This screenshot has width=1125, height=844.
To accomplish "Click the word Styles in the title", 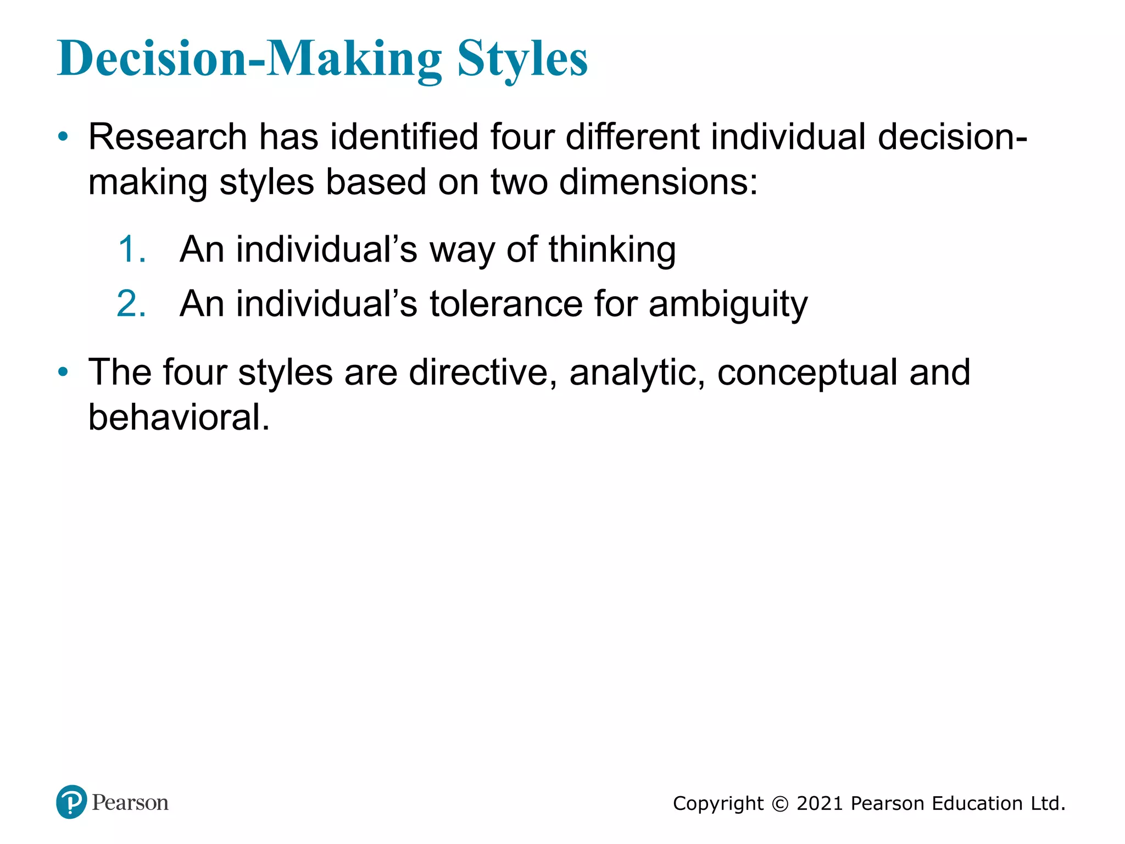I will point(522,59).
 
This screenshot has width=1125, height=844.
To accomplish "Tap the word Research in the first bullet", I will point(168,137).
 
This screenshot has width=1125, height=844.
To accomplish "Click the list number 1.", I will point(132,249).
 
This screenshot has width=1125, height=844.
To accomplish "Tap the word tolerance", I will point(505,304).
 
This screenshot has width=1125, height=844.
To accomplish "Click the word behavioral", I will point(179,418).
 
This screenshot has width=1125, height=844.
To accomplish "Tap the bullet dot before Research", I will point(64,137).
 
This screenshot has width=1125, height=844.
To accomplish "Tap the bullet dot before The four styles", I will point(64,372).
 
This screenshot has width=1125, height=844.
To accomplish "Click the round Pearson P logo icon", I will point(71,802).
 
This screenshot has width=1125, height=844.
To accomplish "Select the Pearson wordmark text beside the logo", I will point(130,803).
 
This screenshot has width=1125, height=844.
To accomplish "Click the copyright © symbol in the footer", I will point(779,804).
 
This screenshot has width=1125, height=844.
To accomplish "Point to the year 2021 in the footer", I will point(819,803).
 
